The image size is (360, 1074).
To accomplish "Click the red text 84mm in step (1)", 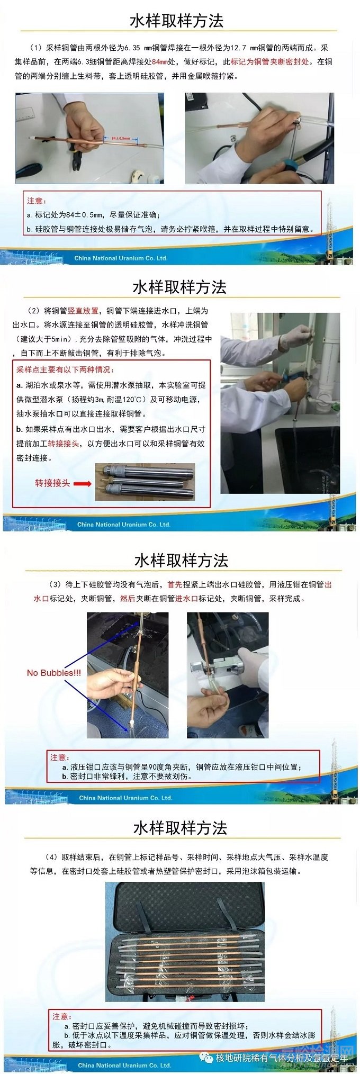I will click(x=159, y=61).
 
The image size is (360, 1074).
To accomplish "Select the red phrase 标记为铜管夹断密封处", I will click(x=270, y=61).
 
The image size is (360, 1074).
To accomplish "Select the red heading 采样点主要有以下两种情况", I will click(x=65, y=369).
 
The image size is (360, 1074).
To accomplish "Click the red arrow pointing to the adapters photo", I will click(x=82, y=483).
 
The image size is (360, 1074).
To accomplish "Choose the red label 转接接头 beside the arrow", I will click(x=52, y=483).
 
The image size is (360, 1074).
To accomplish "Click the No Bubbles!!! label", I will click(x=54, y=673).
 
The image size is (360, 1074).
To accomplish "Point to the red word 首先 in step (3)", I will click(x=175, y=584).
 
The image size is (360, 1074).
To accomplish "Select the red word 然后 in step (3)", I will click(x=128, y=598).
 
